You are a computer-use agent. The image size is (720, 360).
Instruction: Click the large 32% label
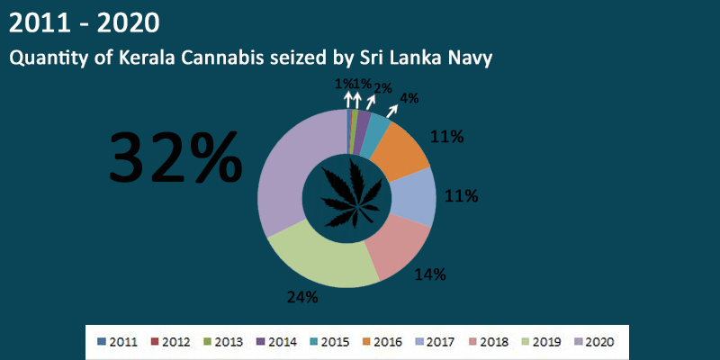[175, 157]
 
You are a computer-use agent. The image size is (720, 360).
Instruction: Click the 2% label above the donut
[382, 88]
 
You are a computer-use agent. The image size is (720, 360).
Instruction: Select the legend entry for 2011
[116, 342]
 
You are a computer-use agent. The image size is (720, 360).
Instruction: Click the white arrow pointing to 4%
[393, 112]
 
